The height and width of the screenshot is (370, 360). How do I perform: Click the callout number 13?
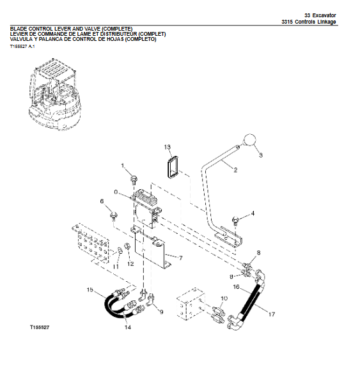[168, 147]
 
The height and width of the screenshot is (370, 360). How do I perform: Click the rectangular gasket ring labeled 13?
[171, 169]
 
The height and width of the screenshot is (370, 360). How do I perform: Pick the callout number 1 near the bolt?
[123, 166]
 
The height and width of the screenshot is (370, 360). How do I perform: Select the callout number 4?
[252, 213]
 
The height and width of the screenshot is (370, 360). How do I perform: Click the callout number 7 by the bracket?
[181, 258]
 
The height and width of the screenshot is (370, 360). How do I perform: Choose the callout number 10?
[223, 298]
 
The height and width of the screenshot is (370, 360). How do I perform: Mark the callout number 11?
[116, 266]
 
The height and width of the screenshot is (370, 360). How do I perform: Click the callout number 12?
[130, 263]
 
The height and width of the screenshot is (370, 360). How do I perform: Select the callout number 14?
[128, 328]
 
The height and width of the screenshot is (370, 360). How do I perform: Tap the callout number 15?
[90, 290]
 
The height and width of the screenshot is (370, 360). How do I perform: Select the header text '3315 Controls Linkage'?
[308, 22]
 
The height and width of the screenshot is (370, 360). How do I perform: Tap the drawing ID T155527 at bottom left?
[39, 327]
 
